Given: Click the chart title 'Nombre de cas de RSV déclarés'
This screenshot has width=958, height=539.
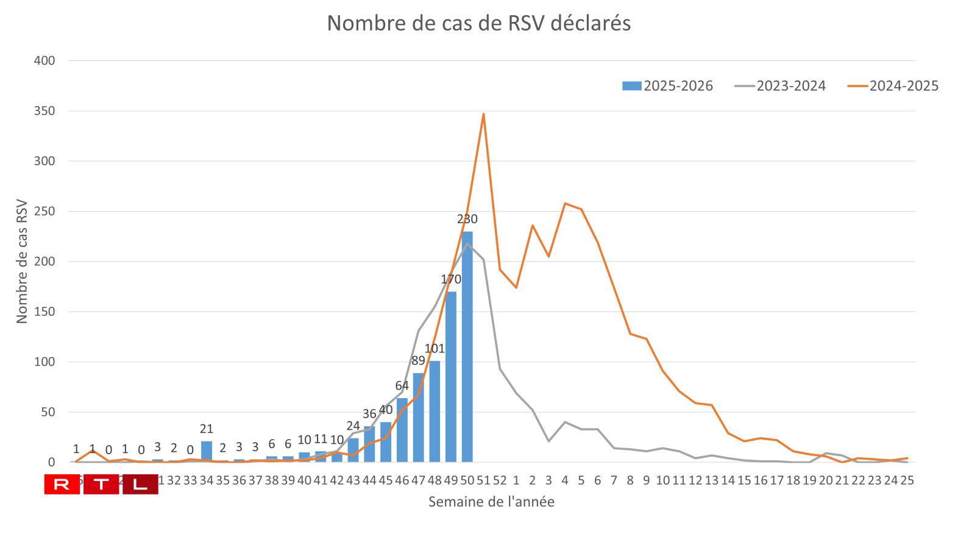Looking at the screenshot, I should point(478,23).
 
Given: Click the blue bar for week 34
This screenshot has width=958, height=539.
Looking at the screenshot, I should point(207,452).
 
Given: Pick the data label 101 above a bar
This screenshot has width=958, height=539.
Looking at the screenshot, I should point(435,349).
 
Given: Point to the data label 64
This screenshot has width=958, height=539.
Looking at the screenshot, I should point(402,385).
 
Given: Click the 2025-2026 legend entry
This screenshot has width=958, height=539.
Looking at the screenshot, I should point(668,86).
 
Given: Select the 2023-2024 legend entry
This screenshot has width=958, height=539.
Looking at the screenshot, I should point(781,86).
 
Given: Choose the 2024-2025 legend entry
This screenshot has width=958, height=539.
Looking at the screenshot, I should point(893,86).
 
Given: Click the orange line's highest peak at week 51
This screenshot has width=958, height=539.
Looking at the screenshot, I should point(483,114).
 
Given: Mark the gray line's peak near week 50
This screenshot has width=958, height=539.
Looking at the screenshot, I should point(467,244).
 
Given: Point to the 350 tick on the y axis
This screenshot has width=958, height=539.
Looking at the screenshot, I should point(44,111).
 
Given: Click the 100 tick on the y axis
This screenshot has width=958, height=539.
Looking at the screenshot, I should point(44,362).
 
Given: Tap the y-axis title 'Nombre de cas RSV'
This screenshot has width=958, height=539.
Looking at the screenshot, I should point(22,261).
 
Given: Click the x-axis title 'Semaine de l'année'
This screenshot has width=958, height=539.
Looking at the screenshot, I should point(491,502).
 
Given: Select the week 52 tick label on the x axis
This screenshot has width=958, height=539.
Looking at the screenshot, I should point(500,480).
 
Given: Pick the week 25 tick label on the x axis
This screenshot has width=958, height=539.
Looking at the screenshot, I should point(907,480).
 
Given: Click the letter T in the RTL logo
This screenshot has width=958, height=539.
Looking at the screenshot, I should point(101,485).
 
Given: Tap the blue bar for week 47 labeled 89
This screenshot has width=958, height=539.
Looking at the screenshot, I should point(418,418).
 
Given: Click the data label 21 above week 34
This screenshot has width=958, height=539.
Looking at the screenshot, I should point(207,429).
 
